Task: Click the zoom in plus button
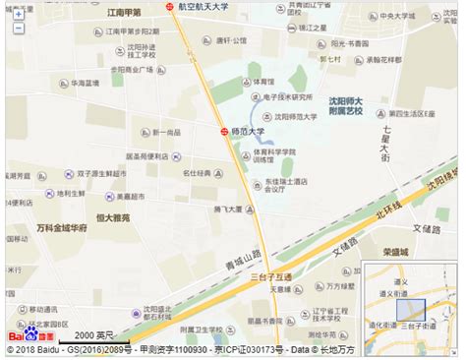(x=17, y=14)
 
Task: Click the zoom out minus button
(x=17, y=28)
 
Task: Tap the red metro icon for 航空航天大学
(x=169, y=7)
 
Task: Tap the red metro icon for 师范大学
(x=223, y=130)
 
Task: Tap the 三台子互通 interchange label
(x=273, y=277)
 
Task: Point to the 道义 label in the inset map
(x=400, y=280)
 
